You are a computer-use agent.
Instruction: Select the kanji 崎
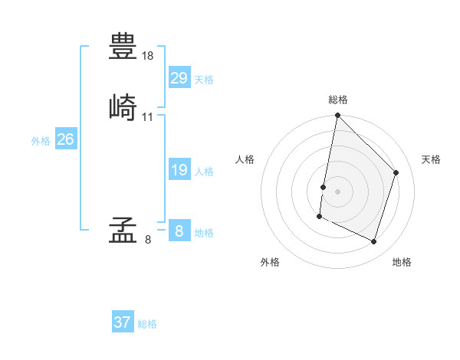[x=123, y=106]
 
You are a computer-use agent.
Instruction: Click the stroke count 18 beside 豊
[x=148, y=56]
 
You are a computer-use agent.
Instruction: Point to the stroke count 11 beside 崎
[x=148, y=117]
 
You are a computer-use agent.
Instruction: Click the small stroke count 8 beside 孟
[x=148, y=240]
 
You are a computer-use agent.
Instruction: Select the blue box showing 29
[x=179, y=78]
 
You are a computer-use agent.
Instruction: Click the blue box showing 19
[x=179, y=170]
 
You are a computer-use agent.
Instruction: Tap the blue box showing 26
[x=65, y=139]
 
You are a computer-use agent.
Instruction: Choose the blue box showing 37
[x=122, y=322]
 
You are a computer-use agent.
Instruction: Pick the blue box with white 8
[x=179, y=231]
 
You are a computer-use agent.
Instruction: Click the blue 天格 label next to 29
[x=204, y=80]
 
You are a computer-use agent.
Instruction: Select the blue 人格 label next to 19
[x=204, y=172]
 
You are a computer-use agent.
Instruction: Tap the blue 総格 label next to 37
[x=147, y=324]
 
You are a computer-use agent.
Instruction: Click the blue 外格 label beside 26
[x=41, y=141]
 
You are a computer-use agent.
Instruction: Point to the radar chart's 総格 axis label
[x=338, y=100]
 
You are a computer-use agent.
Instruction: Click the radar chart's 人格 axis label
[x=245, y=159]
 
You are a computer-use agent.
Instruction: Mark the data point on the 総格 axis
[x=337, y=116]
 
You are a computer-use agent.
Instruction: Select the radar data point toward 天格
[x=396, y=172]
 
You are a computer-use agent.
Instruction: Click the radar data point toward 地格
[x=374, y=242]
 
